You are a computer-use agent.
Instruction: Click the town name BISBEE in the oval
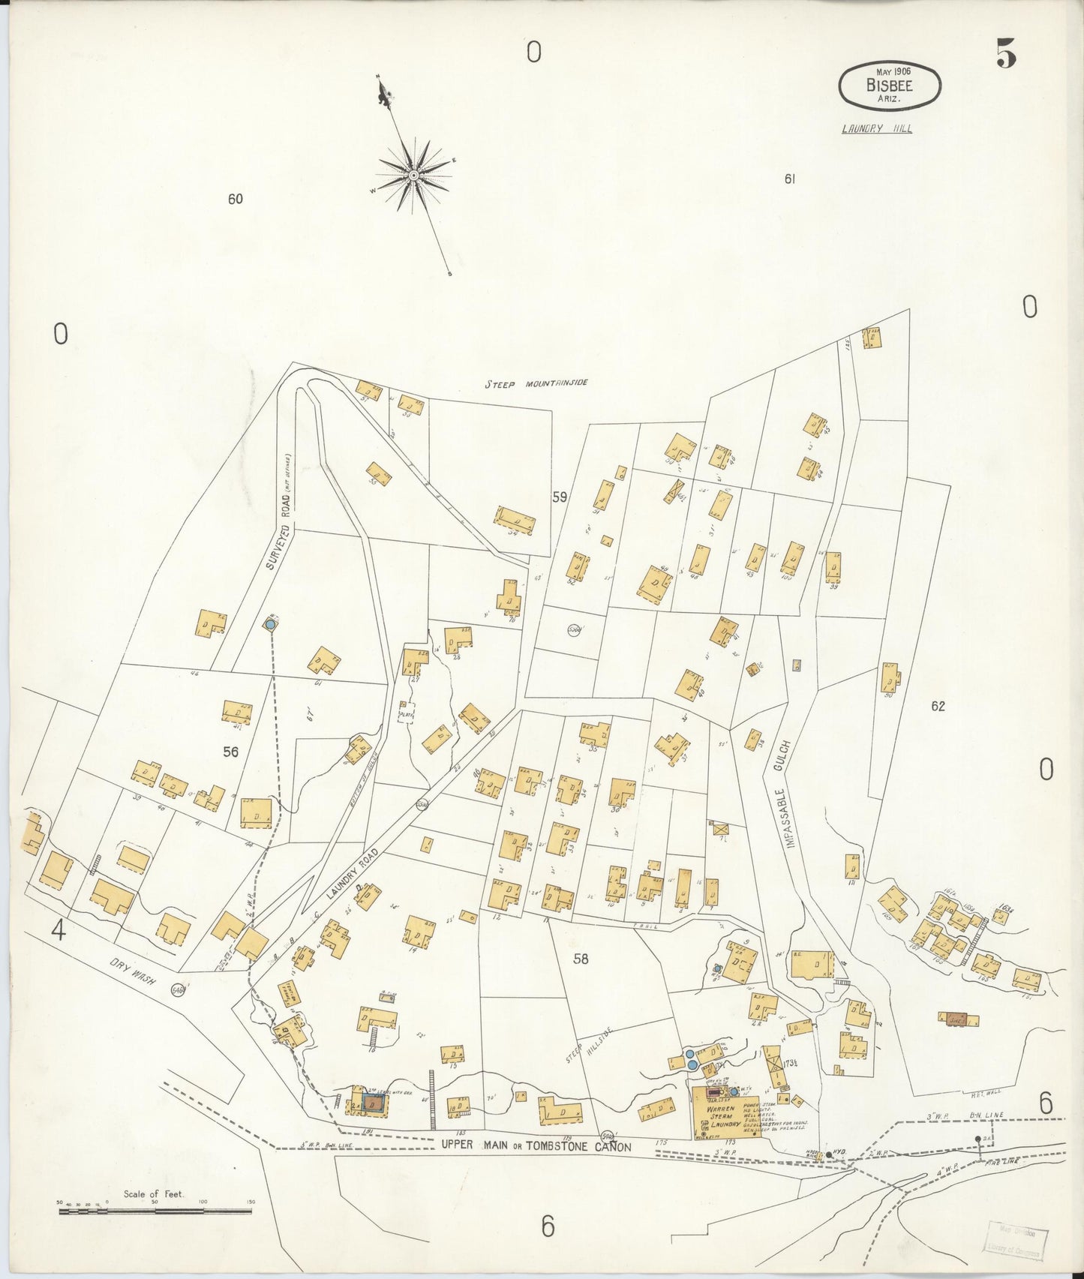point(889,85)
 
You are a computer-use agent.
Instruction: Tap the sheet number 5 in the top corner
point(1006,53)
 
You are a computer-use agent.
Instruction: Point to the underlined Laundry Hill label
point(877,128)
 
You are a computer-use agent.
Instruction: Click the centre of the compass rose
point(413,176)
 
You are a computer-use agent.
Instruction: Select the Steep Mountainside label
point(536,383)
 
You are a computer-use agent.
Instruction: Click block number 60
point(236,199)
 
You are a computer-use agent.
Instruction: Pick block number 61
point(789,179)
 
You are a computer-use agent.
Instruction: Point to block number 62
point(938,706)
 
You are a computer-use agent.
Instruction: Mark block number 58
point(581,958)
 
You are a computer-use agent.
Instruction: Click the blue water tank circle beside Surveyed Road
point(270,623)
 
